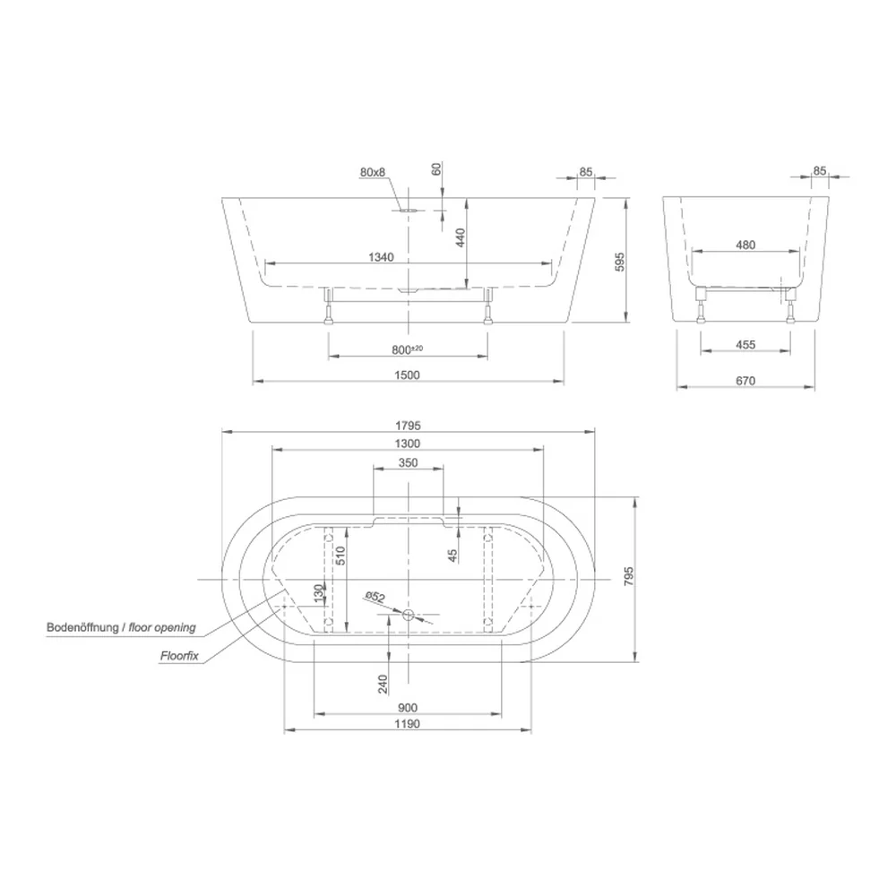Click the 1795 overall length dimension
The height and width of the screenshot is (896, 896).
tap(408, 425)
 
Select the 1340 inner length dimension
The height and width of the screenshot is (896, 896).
tap(381, 257)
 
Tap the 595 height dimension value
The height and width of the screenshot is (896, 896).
tap(620, 261)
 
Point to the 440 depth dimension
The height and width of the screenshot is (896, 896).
tap(461, 237)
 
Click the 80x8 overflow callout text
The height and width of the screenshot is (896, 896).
tap(373, 172)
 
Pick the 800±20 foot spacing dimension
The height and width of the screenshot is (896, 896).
tap(408, 349)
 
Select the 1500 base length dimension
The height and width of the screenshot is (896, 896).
tap(407, 375)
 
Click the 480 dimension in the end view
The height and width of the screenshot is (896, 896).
tap(745, 245)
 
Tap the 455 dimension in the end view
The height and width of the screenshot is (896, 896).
tap(745, 345)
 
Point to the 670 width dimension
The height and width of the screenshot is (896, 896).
tap(745, 381)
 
